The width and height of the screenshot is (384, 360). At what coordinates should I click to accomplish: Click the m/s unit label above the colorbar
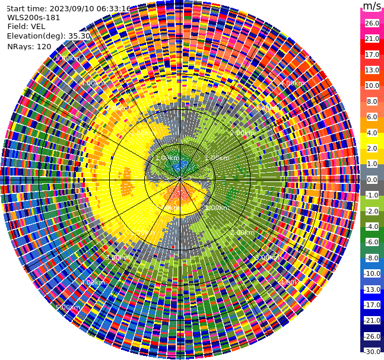pos(372,6)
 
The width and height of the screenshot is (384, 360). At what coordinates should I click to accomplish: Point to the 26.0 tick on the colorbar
pos(372,23)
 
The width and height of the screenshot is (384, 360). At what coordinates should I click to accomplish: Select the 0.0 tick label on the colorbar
pos(372,180)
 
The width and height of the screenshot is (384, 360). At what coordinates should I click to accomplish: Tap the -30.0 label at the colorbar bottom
pos(372,352)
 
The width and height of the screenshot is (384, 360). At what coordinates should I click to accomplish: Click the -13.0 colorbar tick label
pos(372,289)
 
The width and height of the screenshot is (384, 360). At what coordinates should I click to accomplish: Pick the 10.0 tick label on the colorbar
pos(372,85)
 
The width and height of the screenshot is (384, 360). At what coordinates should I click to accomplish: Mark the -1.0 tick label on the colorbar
pos(372,195)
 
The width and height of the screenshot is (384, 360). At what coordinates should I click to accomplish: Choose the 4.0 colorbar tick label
pos(372,133)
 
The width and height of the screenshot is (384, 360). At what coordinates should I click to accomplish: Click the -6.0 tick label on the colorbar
pos(372,242)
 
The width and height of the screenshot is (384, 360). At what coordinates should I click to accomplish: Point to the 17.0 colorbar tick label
pos(372,55)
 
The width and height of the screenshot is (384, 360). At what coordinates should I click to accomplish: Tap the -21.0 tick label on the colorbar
pos(372,320)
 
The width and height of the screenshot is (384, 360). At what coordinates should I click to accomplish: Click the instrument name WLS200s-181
pos(34,18)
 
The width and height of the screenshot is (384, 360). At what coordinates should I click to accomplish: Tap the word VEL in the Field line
pos(37,27)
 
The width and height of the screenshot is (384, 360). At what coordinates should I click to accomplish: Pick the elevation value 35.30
pos(79,36)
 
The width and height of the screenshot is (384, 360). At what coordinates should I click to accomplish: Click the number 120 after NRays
pos(44,46)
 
